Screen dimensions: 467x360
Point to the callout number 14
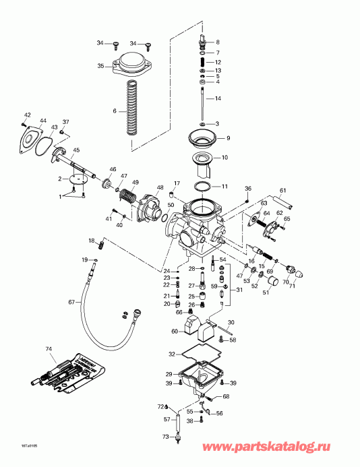point(217,99)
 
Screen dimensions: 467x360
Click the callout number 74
point(48,349)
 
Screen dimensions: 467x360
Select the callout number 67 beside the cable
point(71,302)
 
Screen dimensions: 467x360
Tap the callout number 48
point(160,187)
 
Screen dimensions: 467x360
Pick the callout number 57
point(167,419)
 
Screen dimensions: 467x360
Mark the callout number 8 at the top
point(217,42)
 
